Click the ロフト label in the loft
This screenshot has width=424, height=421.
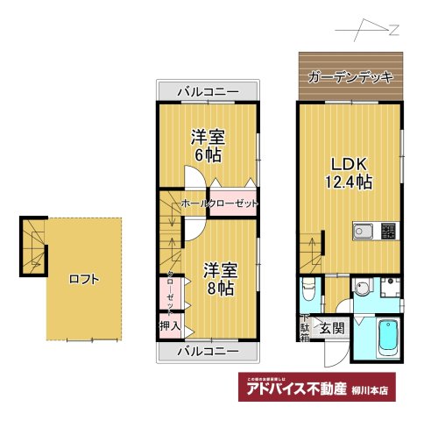tap(84, 280)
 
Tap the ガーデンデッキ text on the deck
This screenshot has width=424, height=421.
tap(350, 76)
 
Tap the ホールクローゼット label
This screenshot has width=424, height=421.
tap(219, 203)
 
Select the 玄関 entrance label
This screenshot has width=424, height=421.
tap(331, 328)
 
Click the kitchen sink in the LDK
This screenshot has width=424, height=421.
tap(364, 232)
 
